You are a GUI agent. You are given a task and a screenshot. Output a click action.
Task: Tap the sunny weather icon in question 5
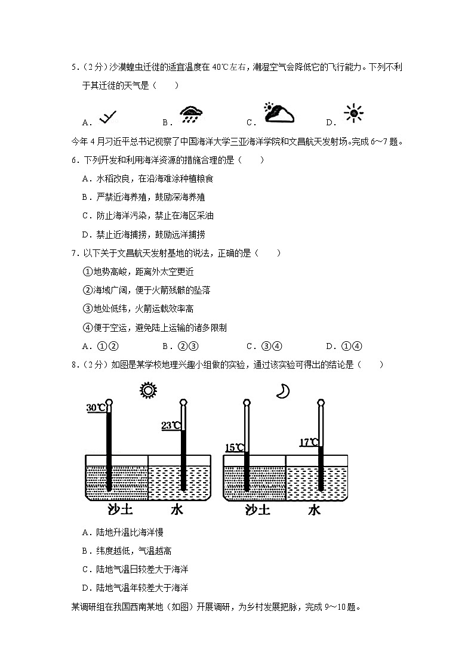point(353,113)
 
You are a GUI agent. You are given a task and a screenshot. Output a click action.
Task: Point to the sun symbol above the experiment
point(147,390)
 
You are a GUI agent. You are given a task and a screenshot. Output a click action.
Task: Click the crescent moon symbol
point(282,391)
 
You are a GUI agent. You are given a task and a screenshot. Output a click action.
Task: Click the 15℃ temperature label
point(234,447)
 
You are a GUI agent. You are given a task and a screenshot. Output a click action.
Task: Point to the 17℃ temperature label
point(309,442)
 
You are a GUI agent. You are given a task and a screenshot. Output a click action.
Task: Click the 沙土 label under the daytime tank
point(119,510)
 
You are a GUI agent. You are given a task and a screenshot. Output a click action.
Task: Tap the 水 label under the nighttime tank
point(314,510)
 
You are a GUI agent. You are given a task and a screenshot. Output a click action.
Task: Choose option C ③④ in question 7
point(263,346)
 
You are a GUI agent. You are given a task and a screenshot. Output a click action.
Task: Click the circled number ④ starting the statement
point(87,328)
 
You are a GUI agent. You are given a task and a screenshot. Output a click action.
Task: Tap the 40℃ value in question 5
point(217,67)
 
